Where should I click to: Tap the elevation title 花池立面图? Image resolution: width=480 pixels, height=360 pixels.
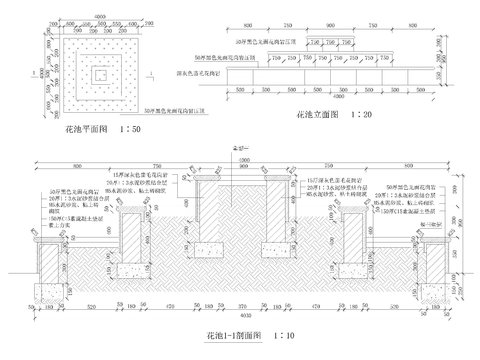pyautogui.click(x=317, y=117)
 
